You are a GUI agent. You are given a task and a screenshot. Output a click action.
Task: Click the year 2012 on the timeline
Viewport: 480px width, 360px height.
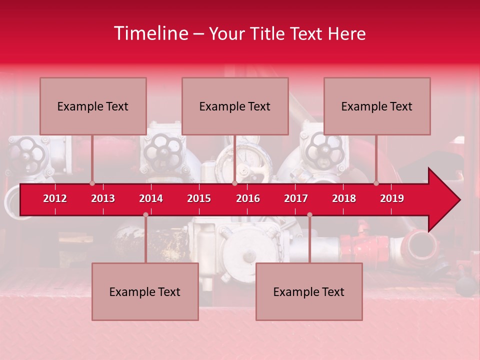pos(55,198)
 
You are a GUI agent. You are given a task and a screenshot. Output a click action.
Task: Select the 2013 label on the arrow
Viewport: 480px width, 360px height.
pos(103,198)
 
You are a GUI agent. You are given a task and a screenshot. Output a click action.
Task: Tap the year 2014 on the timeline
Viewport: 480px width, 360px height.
pos(151,198)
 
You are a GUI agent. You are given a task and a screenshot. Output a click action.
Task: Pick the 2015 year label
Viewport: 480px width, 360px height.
pos(199,198)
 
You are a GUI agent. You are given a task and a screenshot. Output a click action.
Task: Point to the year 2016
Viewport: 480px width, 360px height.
pos(248,198)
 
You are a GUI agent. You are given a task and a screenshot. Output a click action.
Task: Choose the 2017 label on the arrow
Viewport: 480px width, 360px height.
pos(296,198)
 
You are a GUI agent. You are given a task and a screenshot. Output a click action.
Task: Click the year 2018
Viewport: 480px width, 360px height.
pos(344,198)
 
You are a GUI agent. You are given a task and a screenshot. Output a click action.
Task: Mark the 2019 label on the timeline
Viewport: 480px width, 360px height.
pos(392,198)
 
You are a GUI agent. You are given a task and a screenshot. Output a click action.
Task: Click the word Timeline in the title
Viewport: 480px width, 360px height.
pos(151,33)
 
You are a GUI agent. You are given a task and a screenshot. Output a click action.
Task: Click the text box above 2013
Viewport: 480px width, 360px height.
pos(93,106)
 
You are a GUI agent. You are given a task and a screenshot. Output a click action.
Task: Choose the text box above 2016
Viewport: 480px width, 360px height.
pos(235,106)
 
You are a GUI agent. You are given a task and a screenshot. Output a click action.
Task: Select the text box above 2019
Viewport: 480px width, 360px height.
pos(377,106)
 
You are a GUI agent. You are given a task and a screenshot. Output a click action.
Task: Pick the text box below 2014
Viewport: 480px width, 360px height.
pos(145,291)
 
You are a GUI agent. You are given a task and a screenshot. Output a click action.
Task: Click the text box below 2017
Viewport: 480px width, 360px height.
pos(309,291)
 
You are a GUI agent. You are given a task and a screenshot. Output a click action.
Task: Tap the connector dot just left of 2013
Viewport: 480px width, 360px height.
pos(92,183)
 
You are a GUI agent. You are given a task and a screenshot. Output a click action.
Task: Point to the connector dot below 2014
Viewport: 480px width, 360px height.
pos(145,215)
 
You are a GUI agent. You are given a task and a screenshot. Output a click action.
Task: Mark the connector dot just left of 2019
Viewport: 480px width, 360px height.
pos(376,183)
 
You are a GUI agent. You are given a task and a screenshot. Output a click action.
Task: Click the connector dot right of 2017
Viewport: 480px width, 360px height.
pos(309,215)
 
